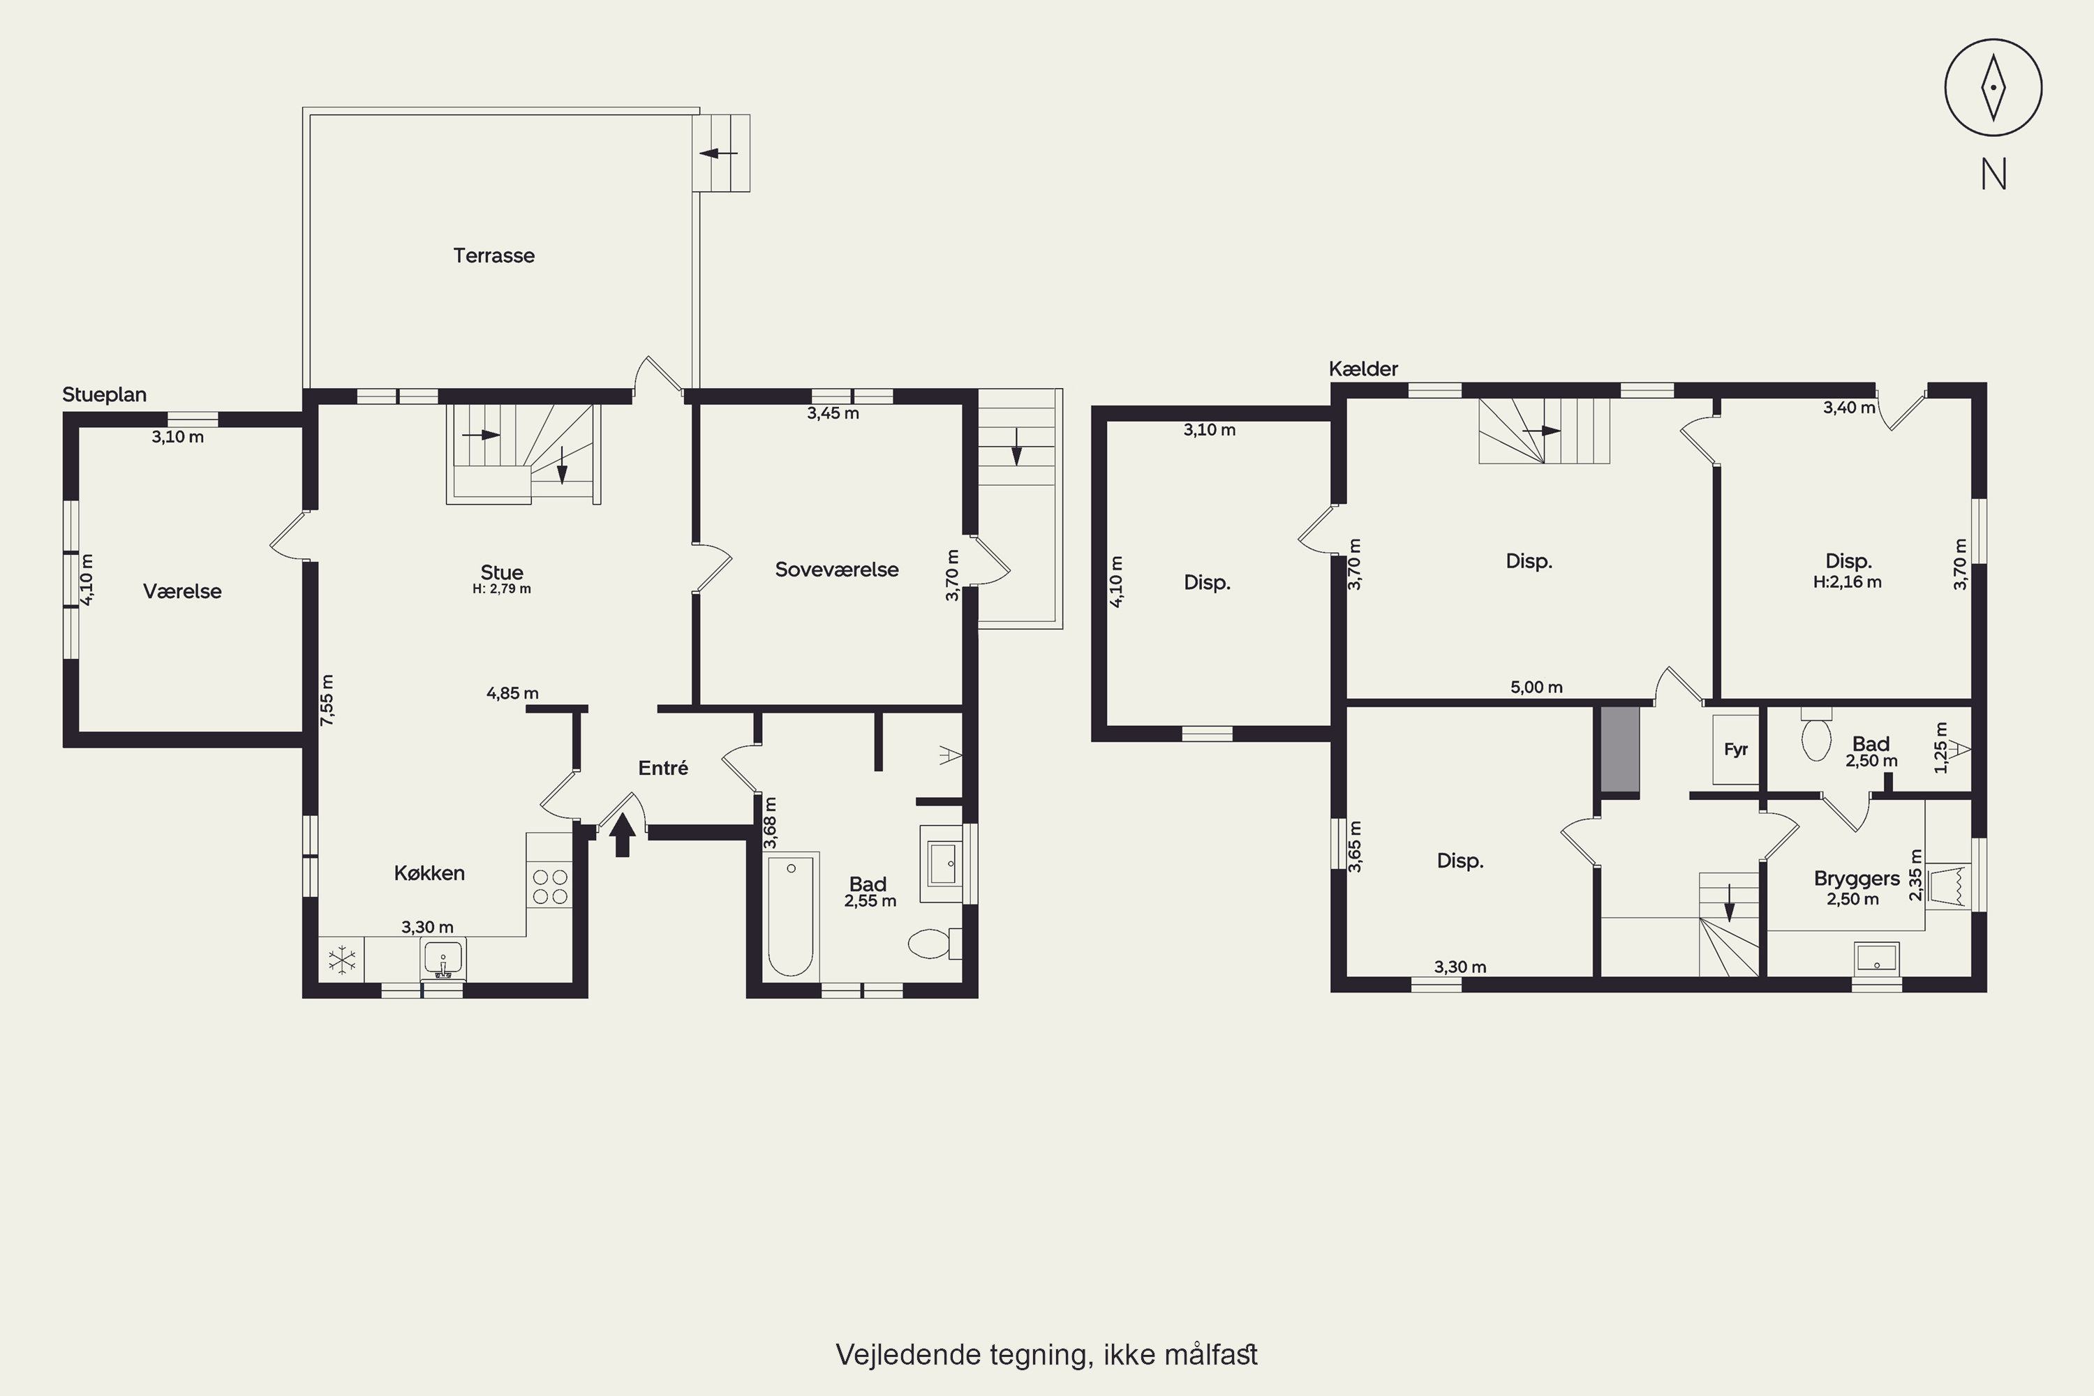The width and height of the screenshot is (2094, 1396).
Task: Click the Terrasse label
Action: tap(494, 255)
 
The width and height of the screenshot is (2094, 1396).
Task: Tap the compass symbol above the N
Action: tap(1993, 87)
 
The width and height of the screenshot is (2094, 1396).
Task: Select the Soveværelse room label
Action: tap(837, 570)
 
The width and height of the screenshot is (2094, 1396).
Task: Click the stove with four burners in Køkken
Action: tap(549, 886)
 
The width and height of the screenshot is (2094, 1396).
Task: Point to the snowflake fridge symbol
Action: tap(342, 960)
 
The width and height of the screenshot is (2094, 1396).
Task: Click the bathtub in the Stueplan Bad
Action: tap(791, 917)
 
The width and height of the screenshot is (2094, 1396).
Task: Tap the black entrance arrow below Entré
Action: tap(623, 834)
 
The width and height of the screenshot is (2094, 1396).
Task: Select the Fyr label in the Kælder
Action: tap(1736, 750)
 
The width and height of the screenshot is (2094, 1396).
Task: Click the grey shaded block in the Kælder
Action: tap(1620, 749)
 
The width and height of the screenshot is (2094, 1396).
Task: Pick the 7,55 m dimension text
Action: tap(327, 700)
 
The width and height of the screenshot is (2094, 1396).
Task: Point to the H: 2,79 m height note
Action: tap(502, 588)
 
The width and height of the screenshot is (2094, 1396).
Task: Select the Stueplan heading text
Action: tap(104, 394)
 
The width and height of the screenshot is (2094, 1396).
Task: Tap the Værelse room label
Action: tap(182, 591)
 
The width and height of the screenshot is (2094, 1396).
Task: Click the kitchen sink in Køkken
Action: tap(443, 959)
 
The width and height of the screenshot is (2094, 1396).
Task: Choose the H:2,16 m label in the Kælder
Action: tap(1848, 582)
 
